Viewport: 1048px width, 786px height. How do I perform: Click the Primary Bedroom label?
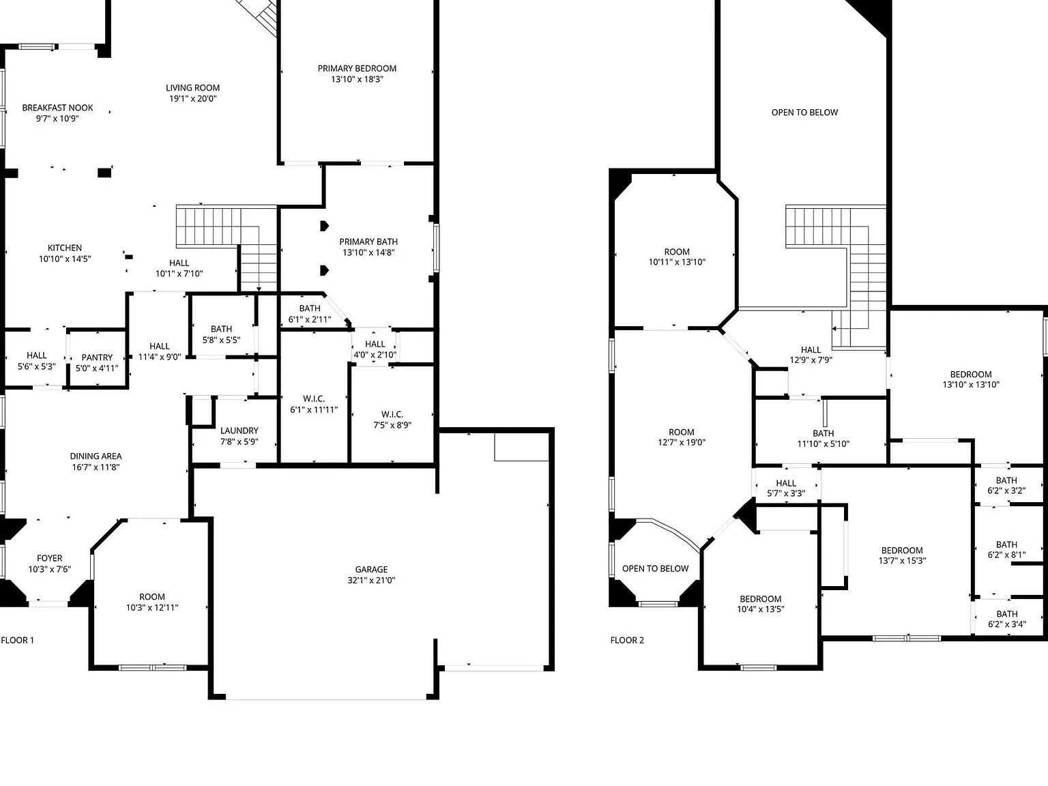(x=357, y=68)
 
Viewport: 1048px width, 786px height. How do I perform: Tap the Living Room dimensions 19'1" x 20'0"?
(x=193, y=98)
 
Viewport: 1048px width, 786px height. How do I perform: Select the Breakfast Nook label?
(x=58, y=107)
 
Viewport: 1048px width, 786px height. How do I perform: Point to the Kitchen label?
(x=65, y=248)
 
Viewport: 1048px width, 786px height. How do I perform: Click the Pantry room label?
(x=97, y=358)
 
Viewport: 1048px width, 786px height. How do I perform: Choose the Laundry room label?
(x=239, y=431)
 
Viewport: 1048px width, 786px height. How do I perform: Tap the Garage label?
(x=371, y=569)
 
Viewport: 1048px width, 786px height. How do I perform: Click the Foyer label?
(x=50, y=558)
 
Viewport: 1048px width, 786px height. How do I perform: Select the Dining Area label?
(x=96, y=456)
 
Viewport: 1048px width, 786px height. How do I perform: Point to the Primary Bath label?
(x=368, y=242)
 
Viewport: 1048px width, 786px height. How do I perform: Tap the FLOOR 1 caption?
(x=18, y=640)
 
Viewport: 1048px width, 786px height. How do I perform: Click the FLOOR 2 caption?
(x=628, y=640)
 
